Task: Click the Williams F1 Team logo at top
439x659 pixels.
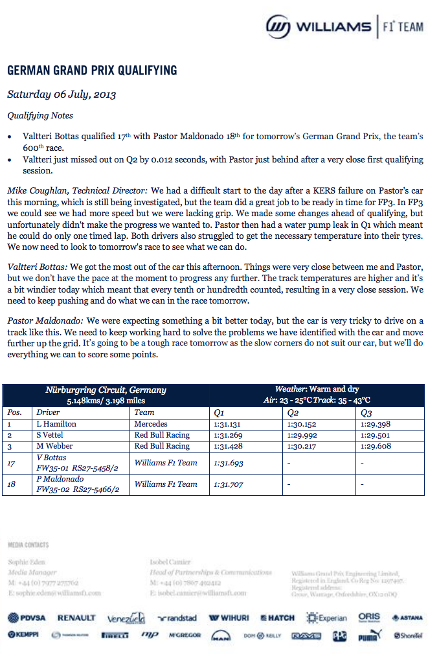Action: tap(344, 27)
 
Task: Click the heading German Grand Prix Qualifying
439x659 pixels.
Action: tap(91, 71)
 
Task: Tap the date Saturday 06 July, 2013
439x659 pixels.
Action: tap(62, 94)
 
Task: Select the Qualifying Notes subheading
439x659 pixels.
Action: tap(40, 116)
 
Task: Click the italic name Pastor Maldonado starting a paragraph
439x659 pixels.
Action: tap(45, 321)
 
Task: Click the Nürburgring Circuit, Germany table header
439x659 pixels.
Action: tap(106, 390)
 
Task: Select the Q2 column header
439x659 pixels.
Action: tap(293, 412)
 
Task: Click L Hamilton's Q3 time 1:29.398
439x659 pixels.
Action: tap(376, 424)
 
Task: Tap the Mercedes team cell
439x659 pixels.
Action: tap(151, 424)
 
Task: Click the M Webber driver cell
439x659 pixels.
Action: tap(55, 446)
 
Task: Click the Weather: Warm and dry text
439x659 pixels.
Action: tap(317, 389)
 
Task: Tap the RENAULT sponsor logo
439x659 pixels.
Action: tap(76, 618)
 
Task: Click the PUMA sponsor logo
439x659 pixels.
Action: tap(368, 636)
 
